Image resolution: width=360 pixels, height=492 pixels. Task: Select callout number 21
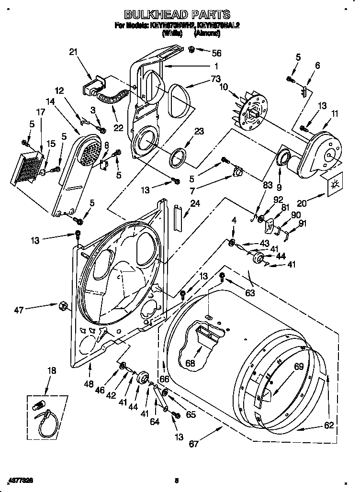click(x=73, y=52)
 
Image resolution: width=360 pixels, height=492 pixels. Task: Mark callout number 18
click(x=52, y=370)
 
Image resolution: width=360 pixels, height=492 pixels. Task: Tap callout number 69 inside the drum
click(x=299, y=367)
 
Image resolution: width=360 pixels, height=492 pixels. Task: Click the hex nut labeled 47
click(x=62, y=305)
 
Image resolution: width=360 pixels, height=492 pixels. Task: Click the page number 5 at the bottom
click(x=176, y=481)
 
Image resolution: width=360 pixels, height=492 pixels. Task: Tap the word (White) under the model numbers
click(x=172, y=34)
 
